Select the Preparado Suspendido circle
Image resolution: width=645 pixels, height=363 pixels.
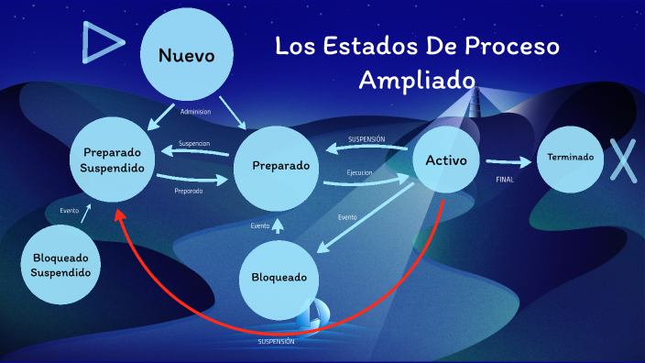tap(113, 160)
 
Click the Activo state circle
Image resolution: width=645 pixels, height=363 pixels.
tap(446, 160)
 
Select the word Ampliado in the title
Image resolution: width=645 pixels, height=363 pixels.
tap(416, 79)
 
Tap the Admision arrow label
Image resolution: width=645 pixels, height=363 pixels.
tap(195, 112)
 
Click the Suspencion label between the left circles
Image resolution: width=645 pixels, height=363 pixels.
tap(194, 144)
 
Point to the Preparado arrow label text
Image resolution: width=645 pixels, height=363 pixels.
tap(189, 191)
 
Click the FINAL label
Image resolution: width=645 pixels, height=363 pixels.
tap(505, 179)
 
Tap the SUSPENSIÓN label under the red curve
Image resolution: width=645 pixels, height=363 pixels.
tap(276, 341)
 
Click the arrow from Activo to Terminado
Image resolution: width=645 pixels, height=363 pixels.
tap(508, 161)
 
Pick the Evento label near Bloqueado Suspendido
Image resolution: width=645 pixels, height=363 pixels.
tap(70, 211)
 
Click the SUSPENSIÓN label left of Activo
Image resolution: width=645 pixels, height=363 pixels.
tap(366, 139)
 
